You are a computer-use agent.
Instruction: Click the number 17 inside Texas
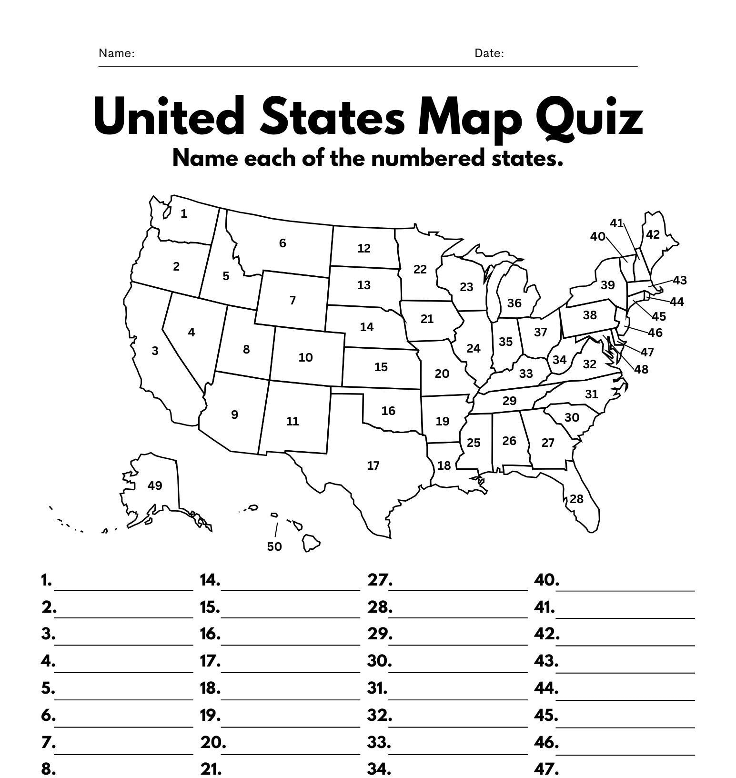point(373,465)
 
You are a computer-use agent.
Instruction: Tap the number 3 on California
point(155,351)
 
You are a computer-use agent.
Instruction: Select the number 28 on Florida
point(576,499)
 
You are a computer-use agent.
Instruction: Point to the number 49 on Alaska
point(155,485)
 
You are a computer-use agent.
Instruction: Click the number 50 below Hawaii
point(274,546)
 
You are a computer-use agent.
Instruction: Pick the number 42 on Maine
point(653,234)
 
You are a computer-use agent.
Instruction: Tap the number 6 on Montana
point(282,243)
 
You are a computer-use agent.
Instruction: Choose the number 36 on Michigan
point(514,303)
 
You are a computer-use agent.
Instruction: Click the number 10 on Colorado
point(305,357)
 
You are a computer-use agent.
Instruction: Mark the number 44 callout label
point(677,302)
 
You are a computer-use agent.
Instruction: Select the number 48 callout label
point(642,369)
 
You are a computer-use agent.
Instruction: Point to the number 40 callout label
point(597,236)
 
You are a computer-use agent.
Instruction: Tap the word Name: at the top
point(116,53)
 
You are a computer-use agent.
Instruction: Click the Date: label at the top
point(489,53)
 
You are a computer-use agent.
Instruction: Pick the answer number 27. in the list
point(380,580)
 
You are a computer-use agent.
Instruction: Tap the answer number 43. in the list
point(546,661)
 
